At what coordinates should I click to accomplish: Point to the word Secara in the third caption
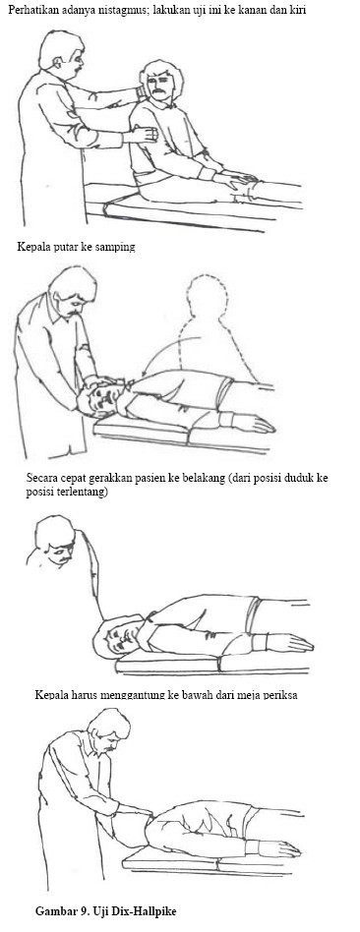point(40,477)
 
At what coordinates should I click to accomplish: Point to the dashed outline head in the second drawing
point(206,297)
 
